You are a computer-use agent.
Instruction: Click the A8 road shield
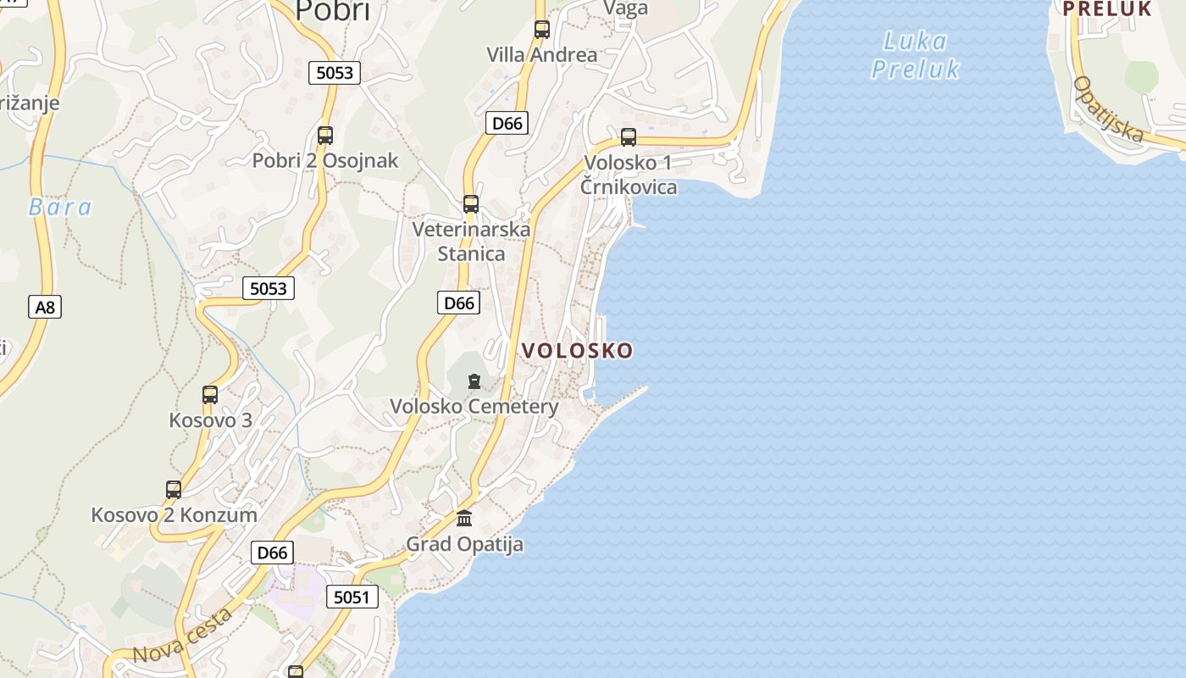pyautogui.click(x=45, y=306)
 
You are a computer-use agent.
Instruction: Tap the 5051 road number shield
pyautogui.click(x=352, y=597)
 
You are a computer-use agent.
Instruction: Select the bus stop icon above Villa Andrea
pyautogui.click(x=542, y=30)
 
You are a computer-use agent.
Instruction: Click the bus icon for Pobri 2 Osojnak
pyautogui.click(x=325, y=135)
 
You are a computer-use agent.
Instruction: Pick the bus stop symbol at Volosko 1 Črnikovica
pyautogui.click(x=629, y=136)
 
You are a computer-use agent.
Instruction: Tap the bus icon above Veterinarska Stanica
pyautogui.click(x=471, y=204)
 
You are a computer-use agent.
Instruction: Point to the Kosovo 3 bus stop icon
pyautogui.click(x=210, y=395)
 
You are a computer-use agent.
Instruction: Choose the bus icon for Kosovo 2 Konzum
pyautogui.click(x=174, y=489)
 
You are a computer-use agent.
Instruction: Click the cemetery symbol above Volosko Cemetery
pyautogui.click(x=474, y=382)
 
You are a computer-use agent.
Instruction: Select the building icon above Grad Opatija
pyautogui.click(x=464, y=518)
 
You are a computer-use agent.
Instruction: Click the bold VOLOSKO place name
pyautogui.click(x=577, y=351)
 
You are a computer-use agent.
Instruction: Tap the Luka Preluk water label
pyautogui.click(x=915, y=54)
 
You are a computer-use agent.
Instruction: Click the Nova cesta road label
pyautogui.click(x=183, y=636)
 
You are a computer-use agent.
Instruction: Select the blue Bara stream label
pyautogui.click(x=60, y=207)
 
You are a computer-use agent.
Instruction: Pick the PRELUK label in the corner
pyautogui.click(x=1106, y=8)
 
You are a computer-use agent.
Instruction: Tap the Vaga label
pyautogui.click(x=625, y=8)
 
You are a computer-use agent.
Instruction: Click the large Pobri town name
pyautogui.click(x=333, y=10)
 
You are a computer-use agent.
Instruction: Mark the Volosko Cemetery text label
pyautogui.click(x=474, y=407)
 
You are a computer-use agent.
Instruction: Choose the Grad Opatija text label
pyautogui.click(x=464, y=544)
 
